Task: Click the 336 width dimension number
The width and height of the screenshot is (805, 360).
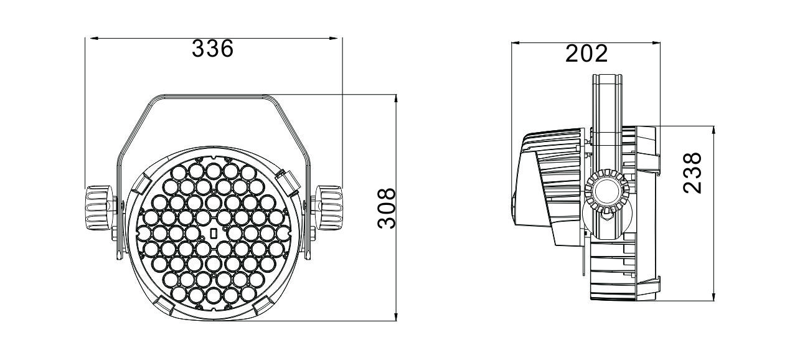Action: (x=212, y=49)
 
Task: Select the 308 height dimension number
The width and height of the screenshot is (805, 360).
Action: (x=387, y=208)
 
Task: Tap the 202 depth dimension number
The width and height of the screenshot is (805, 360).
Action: (x=586, y=54)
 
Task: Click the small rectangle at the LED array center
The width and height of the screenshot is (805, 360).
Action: (x=212, y=234)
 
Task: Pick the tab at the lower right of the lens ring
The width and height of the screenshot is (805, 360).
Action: (x=261, y=305)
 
